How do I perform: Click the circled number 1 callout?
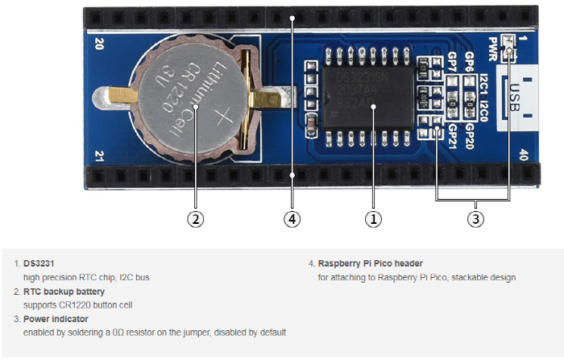(x=372, y=218)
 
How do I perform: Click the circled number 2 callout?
(x=194, y=218)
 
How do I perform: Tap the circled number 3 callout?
(x=475, y=218)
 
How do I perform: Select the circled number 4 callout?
(x=292, y=218)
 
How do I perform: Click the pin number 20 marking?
(x=99, y=44)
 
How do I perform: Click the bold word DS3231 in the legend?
(x=39, y=263)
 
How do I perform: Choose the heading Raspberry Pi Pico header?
(x=370, y=263)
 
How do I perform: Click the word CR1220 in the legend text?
(x=73, y=304)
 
